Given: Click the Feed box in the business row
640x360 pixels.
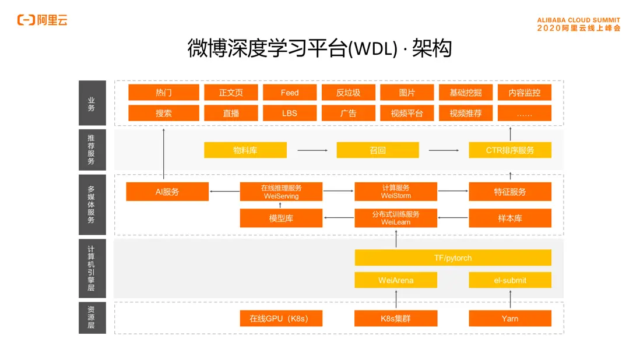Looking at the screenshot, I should [290, 93].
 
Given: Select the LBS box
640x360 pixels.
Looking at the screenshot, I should [290, 113].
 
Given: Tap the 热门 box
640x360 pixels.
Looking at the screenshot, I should [164, 93].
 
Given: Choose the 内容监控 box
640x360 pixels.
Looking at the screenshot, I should [524, 93].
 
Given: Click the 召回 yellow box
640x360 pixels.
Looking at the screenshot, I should [378, 150].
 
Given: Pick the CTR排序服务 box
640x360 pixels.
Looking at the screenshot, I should [510, 150].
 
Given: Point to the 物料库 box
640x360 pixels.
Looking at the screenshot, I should [245, 150].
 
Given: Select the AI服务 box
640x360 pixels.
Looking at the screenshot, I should [167, 192].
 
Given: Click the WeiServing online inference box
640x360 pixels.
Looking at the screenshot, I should [281, 192].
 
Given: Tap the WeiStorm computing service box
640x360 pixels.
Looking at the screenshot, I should [396, 192].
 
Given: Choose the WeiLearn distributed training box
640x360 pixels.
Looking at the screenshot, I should [396, 218].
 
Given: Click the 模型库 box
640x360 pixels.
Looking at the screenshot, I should [281, 218].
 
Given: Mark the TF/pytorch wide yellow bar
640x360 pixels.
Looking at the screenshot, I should [453, 257].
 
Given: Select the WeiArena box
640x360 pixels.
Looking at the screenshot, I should [396, 280].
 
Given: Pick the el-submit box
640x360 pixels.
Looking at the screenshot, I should [510, 280].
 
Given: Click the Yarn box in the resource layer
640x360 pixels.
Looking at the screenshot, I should [510, 318].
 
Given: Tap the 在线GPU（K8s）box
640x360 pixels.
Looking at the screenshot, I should [281, 318].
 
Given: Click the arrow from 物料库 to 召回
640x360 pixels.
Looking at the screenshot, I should [312, 150].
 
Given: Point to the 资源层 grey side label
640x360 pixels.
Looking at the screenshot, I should [92, 317].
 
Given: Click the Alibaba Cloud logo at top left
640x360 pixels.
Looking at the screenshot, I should [42, 20].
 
